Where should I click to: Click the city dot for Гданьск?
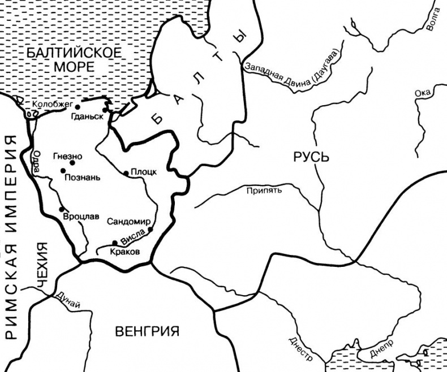(105, 110)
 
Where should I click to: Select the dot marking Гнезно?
(72, 163)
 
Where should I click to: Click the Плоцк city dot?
(126, 173)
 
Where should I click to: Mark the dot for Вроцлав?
(61, 209)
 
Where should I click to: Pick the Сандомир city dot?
(151, 229)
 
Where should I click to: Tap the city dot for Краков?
(115, 243)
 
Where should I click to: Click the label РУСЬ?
(311, 157)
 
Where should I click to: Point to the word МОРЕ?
(73, 66)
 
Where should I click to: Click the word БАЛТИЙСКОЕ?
(74, 53)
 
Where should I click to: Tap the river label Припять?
(264, 191)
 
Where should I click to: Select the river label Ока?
(423, 93)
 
